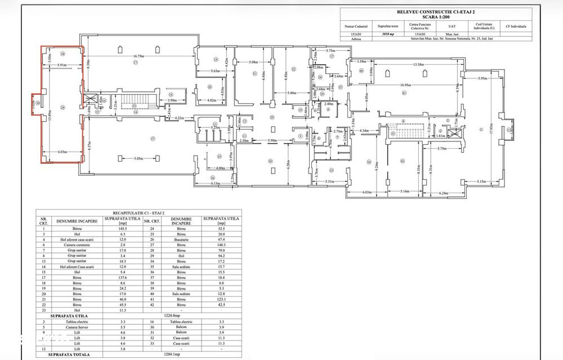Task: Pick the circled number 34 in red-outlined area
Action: click(x=63, y=54)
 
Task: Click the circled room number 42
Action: click(x=402, y=161)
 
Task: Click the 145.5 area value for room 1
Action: click(x=119, y=228)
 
